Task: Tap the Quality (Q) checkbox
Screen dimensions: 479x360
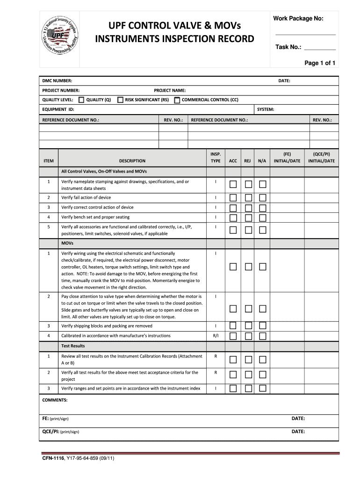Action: (81, 100)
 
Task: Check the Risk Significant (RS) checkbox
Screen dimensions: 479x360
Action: (120, 100)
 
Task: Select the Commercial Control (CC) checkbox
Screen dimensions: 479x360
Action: (177, 100)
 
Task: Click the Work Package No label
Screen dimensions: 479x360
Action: (298, 18)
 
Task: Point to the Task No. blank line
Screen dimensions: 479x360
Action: (320, 48)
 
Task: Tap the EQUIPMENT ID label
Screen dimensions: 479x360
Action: (58, 109)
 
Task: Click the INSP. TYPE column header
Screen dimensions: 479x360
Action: (216, 157)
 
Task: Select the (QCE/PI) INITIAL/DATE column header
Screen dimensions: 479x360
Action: (321, 157)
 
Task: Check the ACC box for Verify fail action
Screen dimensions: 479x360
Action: (233, 198)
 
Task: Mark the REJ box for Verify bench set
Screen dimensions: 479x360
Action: (248, 218)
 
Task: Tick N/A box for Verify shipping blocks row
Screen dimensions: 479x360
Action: (263, 326)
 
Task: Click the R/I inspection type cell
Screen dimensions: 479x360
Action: (216, 336)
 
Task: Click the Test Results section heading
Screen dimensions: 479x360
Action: (73, 346)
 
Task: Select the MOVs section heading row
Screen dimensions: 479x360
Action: (67, 244)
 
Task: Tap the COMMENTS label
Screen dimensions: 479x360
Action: (55, 400)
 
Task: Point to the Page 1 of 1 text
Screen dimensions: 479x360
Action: (320, 63)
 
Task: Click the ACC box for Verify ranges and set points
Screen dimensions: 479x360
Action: (233, 388)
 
